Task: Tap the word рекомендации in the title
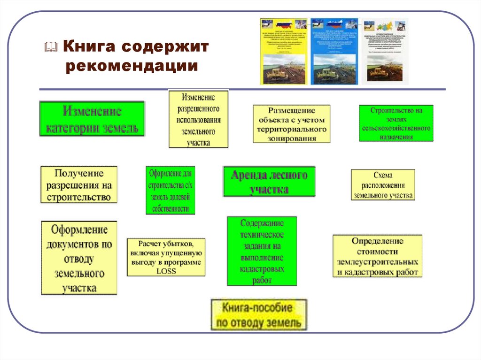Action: click(x=132, y=66)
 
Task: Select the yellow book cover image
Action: click(x=284, y=52)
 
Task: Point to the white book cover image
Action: click(x=385, y=52)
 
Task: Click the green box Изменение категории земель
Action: click(x=92, y=119)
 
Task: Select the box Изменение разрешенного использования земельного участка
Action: click(x=198, y=120)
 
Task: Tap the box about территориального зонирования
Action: click(x=292, y=124)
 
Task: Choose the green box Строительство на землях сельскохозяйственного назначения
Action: click(x=396, y=123)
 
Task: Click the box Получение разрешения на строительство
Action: click(x=79, y=184)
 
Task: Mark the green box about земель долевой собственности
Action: click(x=170, y=190)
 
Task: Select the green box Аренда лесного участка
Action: click(x=269, y=181)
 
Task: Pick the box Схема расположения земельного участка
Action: click(x=383, y=185)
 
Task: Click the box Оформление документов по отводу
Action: click(x=79, y=258)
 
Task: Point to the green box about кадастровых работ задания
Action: click(x=262, y=251)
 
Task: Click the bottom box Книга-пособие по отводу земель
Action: click(x=258, y=315)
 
